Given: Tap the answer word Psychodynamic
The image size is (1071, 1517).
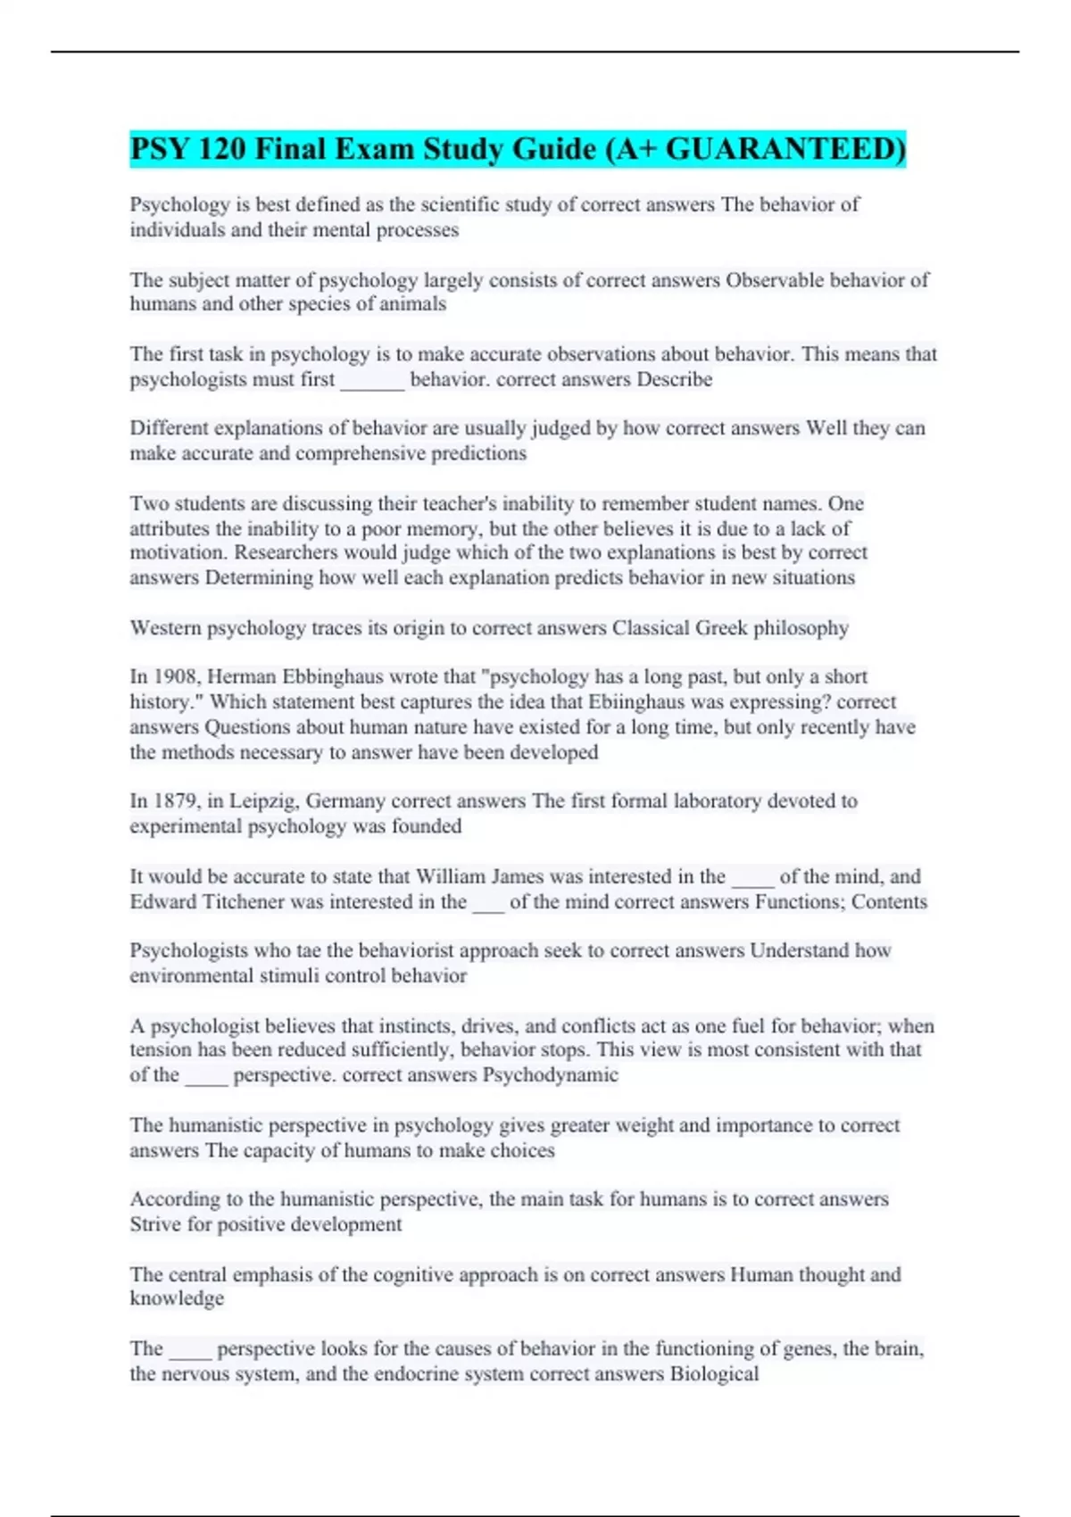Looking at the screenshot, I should pyautogui.click(x=550, y=1075).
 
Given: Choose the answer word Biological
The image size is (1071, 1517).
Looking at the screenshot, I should pyautogui.click(x=714, y=1374).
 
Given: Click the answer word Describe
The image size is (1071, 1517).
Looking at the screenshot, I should pyautogui.click(x=674, y=380).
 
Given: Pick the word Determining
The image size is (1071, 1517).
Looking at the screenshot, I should pyautogui.click(x=259, y=578).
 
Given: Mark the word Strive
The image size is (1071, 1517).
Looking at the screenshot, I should pyautogui.click(x=155, y=1224).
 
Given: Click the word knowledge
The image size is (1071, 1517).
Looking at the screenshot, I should pyautogui.click(x=177, y=1299).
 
